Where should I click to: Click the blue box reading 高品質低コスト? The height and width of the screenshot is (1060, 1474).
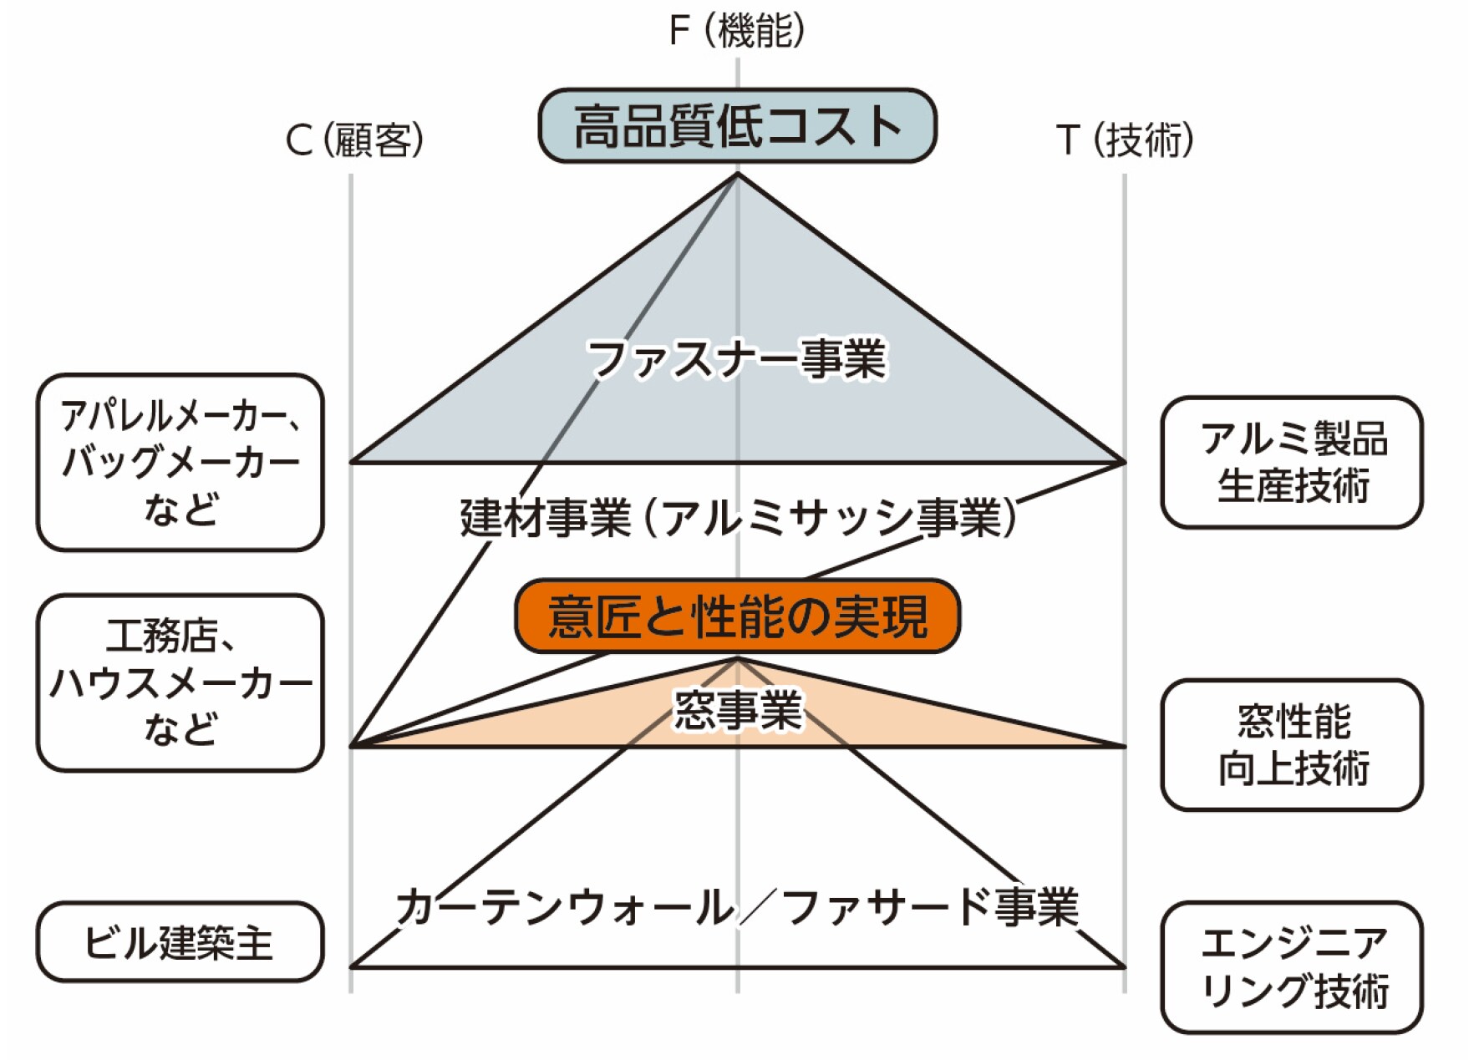coord(737,126)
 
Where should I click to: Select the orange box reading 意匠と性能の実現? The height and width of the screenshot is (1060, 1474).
coord(737,616)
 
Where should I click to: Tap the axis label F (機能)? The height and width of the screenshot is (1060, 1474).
coord(737,31)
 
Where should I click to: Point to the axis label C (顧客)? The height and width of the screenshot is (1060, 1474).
coord(354,139)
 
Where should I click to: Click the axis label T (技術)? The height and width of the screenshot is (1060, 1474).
coord(1125,139)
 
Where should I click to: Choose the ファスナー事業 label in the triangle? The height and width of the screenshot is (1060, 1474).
coord(737,359)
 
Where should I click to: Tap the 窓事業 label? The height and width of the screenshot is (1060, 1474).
coord(737,710)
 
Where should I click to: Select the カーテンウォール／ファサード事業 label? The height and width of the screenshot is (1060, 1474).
coord(737,907)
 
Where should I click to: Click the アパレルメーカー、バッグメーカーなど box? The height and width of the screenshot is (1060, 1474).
coord(180,462)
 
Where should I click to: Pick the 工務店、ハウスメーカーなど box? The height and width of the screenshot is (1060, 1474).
coord(180,682)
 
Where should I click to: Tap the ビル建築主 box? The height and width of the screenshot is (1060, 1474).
coord(180,941)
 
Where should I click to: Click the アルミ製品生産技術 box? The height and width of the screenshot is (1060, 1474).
coord(1292,462)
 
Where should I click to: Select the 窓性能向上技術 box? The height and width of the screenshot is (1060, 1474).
coord(1292,744)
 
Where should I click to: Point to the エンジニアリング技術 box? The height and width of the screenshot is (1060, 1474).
coord(1292,966)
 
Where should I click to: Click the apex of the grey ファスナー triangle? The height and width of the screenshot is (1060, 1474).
coord(737,174)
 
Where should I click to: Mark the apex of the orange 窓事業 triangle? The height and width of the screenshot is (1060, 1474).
coord(737,659)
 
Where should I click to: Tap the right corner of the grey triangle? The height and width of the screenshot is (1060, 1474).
coord(1124,461)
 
